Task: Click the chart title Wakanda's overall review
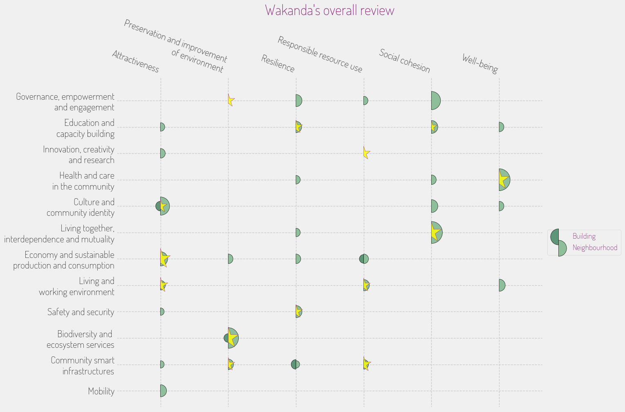click(x=329, y=10)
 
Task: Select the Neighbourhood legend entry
click(x=594, y=248)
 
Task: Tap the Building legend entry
click(x=584, y=236)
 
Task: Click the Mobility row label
click(x=101, y=391)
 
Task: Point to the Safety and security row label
click(x=81, y=312)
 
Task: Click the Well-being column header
click(x=480, y=64)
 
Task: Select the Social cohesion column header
click(x=404, y=60)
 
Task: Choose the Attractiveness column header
click(x=135, y=61)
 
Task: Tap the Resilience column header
click(x=278, y=63)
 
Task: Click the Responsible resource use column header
click(x=320, y=54)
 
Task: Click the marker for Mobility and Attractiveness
click(x=163, y=391)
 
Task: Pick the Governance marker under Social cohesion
click(x=435, y=101)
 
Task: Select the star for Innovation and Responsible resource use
click(x=366, y=153)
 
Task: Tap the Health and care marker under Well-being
click(x=504, y=180)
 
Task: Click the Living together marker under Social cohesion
click(x=436, y=233)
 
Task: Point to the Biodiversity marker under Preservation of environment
click(x=232, y=338)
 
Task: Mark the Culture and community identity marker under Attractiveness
click(x=164, y=206)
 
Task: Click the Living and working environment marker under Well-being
click(x=502, y=285)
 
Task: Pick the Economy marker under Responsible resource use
click(x=364, y=259)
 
